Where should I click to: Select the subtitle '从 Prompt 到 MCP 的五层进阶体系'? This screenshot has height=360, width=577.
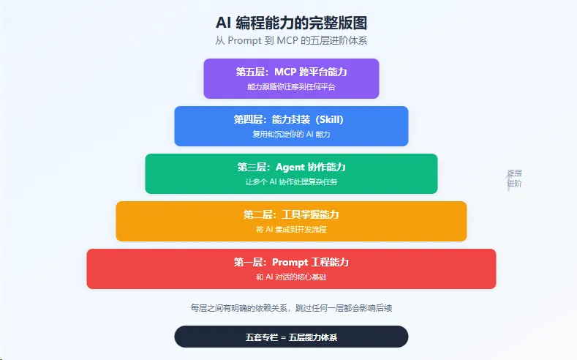[291, 40]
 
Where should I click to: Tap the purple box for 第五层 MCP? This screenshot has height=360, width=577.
[291, 78]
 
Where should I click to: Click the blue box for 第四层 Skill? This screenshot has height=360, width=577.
[291, 126]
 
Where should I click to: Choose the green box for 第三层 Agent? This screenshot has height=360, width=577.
[291, 173]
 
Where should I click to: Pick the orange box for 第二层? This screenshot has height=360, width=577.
[291, 221]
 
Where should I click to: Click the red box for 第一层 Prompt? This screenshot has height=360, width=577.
[291, 269]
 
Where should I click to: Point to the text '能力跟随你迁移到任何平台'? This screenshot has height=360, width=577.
[291, 86]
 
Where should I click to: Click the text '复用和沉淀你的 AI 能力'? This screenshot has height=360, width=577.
[291, 134]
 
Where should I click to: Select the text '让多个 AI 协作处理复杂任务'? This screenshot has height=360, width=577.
[291, 181]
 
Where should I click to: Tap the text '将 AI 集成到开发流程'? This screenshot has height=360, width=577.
[291, 229]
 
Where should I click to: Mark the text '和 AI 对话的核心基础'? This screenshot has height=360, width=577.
[291, 277]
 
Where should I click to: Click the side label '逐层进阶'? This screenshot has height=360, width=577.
[514, 179]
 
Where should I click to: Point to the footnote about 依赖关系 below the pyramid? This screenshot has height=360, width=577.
[291, 308]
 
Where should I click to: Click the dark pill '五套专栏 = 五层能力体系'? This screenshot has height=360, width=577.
[291, 337]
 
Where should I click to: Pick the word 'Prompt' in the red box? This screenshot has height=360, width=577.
[290, 262]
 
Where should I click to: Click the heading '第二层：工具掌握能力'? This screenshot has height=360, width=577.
[291, 214]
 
